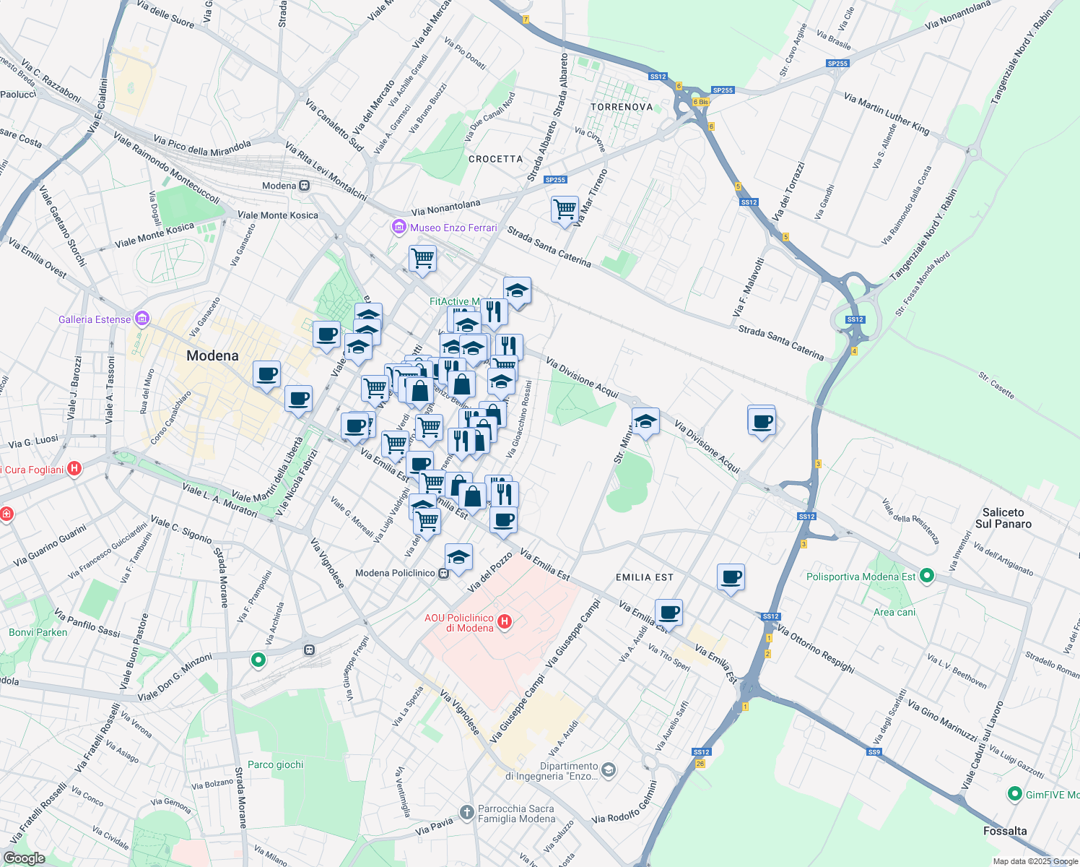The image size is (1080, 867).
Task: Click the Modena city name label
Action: tap(212, 355)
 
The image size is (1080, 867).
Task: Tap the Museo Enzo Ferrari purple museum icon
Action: tap(399, 228)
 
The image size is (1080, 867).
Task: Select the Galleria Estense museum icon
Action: tap(142, 319)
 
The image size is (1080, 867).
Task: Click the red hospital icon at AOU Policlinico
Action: tap(505, 621)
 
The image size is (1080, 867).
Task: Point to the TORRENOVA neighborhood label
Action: tap(622, 107)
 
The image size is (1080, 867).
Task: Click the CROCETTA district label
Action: tap(495, 159)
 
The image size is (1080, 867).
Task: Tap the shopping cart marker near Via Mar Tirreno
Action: tap(565, 210)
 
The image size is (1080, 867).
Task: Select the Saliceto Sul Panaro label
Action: tap(1003, 518)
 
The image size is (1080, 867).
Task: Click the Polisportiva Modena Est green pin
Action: tap(928, 577)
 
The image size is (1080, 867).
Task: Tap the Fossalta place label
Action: tap(1004, 831)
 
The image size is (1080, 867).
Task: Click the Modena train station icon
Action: tap(305, 186)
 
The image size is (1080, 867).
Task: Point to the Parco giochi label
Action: tap(275, 764)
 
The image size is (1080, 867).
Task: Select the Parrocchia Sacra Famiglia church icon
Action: tap(468, 813)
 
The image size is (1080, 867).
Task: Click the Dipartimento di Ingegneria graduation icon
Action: tap(609, 770)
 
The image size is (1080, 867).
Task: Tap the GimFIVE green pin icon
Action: tap(1015, 794)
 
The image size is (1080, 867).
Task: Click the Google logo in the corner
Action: tap(24, 858)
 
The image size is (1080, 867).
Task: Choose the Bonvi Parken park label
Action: tap(38, 632)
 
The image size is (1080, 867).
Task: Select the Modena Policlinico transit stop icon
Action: tap(444, 573)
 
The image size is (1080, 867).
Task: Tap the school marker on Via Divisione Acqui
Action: tap(645, 420)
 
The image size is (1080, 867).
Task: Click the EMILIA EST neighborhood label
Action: tap(644, 577)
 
